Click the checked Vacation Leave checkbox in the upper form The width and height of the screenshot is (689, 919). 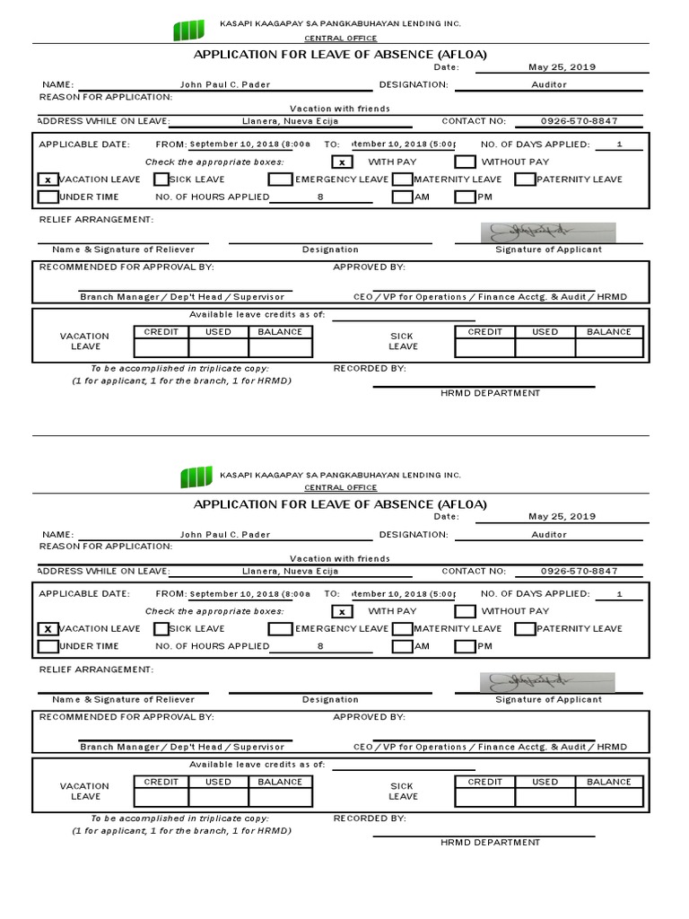48,179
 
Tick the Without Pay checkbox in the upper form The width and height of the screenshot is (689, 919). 465,162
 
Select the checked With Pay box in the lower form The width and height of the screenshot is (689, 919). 342,611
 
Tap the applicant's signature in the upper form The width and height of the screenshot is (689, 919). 536,232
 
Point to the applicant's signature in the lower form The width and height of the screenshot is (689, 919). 536,682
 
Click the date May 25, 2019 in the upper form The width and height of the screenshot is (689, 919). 562,67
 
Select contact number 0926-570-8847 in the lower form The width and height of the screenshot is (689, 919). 579,571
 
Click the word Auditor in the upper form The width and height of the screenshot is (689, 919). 549,84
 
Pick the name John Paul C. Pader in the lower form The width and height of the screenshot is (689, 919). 225,534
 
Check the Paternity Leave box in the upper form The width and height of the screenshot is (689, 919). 525,179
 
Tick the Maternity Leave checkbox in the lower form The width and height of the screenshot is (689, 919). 402,629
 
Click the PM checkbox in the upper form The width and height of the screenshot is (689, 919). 465,197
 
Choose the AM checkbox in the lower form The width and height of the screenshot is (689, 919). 402,646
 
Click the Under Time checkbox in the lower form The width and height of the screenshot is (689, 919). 48,646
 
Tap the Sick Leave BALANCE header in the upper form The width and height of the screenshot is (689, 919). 608,332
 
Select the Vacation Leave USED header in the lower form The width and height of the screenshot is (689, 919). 218,782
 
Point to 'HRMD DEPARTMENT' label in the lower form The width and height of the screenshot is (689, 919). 490,843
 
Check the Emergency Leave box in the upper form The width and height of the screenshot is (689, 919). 280,179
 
